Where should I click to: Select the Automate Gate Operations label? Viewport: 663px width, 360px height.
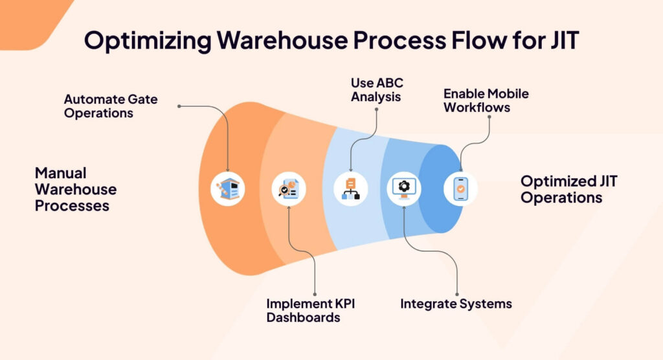111,106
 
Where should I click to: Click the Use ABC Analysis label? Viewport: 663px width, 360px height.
376,90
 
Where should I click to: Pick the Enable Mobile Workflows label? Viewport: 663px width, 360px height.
486,100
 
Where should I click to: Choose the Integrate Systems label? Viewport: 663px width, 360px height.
456,303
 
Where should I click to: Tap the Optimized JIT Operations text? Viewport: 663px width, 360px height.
568,189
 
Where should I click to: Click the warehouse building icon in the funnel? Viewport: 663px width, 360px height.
228,189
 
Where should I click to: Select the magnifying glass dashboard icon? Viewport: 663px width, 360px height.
289,189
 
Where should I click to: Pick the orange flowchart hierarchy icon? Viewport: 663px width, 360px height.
350,189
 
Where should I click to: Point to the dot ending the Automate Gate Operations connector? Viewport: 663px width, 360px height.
179,106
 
